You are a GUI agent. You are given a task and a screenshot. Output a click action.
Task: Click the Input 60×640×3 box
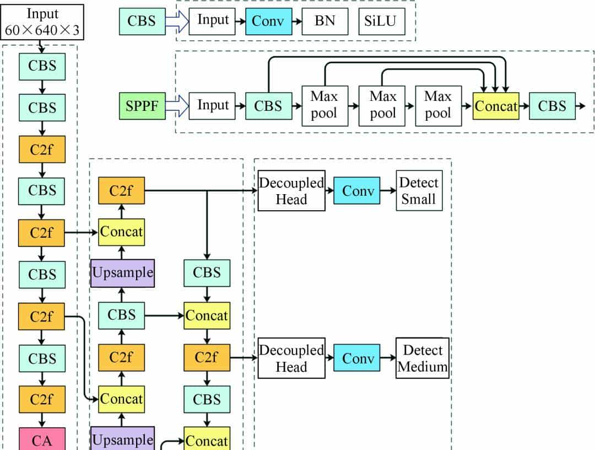pos(42,22)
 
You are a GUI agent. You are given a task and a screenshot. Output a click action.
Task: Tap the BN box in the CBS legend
pos(325,22)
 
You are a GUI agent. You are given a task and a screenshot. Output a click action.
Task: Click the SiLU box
pos(381,22)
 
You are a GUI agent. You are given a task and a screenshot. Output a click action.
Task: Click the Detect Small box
pos(419,191)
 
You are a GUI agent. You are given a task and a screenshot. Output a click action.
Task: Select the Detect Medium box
pos(423,358)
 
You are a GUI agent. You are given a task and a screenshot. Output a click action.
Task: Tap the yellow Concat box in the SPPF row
pos(496,106)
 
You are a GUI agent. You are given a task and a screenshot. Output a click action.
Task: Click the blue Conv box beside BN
pos(268,22)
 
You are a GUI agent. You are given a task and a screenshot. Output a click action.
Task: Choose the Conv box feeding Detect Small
pos(358,191)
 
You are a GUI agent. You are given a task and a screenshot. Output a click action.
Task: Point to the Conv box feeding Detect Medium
pos(358,358)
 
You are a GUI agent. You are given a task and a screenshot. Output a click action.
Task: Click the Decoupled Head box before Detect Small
pos(291,191)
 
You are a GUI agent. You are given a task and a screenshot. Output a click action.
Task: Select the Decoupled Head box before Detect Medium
pos(291,358)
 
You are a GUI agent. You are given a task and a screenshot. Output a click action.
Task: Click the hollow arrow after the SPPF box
pos(176,105)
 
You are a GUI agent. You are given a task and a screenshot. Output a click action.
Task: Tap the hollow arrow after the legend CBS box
pos(176,22)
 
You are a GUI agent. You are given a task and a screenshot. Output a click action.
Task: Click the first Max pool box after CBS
pos(324,106)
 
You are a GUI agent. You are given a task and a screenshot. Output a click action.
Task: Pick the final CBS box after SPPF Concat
pos(551,106)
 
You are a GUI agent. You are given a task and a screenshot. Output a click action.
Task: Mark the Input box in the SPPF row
pos(213,106)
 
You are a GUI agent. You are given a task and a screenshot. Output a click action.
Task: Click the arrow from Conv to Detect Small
pos(388,191)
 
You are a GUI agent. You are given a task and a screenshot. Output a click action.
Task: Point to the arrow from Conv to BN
pos(296,22)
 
